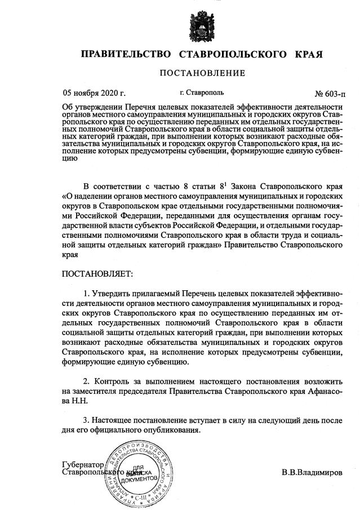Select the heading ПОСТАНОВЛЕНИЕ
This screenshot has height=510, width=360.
pos(202,73)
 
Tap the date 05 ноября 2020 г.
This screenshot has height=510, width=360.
pos(94,92)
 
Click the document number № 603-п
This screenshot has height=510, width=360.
pos(330,93)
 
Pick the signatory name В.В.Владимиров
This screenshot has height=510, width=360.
pos(312,473)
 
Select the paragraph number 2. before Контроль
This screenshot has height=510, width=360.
pos(87,380)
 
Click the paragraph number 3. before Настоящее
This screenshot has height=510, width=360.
pos(87,420)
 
